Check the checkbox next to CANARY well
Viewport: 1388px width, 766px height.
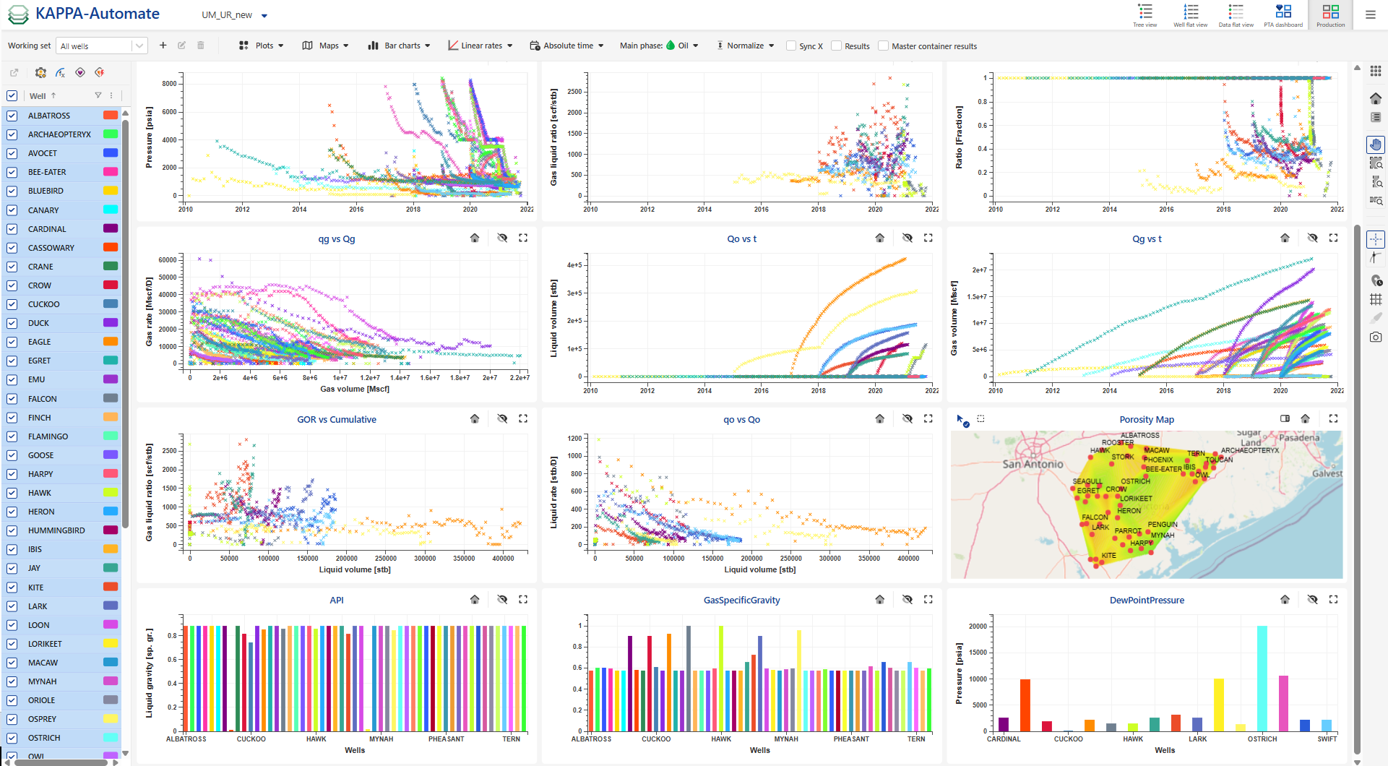12,210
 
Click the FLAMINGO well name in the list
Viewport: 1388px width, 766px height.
48,436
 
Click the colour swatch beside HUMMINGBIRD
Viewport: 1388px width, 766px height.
111,530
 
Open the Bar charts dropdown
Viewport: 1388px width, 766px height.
399,46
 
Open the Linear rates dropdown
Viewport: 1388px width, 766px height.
480,46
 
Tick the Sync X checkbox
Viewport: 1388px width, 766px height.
791,46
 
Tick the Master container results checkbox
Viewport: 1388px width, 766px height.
883,46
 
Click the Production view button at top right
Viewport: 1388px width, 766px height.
1330,14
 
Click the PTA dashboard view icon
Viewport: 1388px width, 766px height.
1283,14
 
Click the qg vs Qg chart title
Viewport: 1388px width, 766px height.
337,239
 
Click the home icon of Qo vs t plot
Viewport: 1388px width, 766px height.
879,238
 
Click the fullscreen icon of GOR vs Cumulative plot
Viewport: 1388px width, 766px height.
523,418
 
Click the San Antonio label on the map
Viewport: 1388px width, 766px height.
1033,464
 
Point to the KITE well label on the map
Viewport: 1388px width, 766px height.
1108,556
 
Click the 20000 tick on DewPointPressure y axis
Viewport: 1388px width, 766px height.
978,627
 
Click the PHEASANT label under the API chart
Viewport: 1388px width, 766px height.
446,739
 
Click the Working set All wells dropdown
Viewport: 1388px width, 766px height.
102,46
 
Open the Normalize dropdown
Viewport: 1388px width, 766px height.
745,46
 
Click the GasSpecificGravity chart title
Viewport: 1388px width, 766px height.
741,601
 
